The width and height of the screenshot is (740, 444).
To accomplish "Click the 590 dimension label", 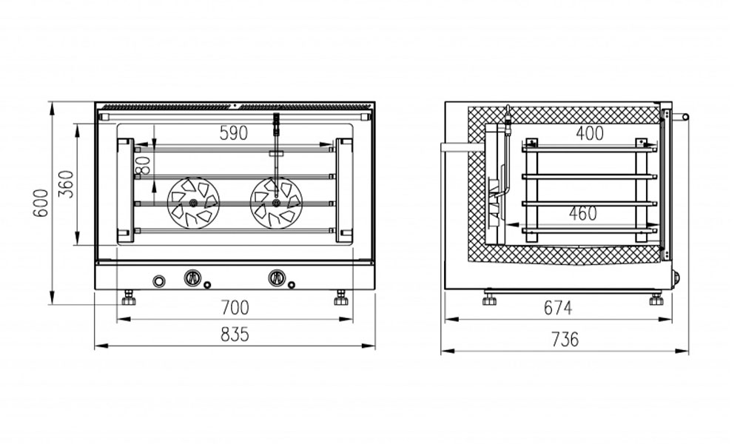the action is [234, 133].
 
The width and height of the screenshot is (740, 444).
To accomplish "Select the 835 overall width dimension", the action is [235, 334].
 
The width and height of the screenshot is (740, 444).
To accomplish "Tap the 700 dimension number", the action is [235, 308].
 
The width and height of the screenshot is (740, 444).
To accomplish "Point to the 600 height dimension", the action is [41, 203].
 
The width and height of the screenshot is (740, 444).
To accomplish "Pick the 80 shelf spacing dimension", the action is [145, 165].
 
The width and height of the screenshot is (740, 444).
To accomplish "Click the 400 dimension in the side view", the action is [590, 133].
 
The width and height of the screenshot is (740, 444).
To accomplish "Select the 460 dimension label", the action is [583, 213].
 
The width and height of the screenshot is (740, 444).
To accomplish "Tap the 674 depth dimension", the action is [558, 308].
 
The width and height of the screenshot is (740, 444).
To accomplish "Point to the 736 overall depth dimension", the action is [565, 339].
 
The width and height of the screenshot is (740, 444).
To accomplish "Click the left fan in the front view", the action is [193, 203].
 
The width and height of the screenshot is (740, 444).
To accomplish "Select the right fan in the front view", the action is [276, 203].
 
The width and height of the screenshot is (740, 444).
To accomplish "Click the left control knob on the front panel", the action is [192, 277].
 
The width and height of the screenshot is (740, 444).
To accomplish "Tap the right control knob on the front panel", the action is [277, 277].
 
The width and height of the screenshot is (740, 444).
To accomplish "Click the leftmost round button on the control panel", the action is [160, 282].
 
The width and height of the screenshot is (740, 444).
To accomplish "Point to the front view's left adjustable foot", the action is [129, 298].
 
